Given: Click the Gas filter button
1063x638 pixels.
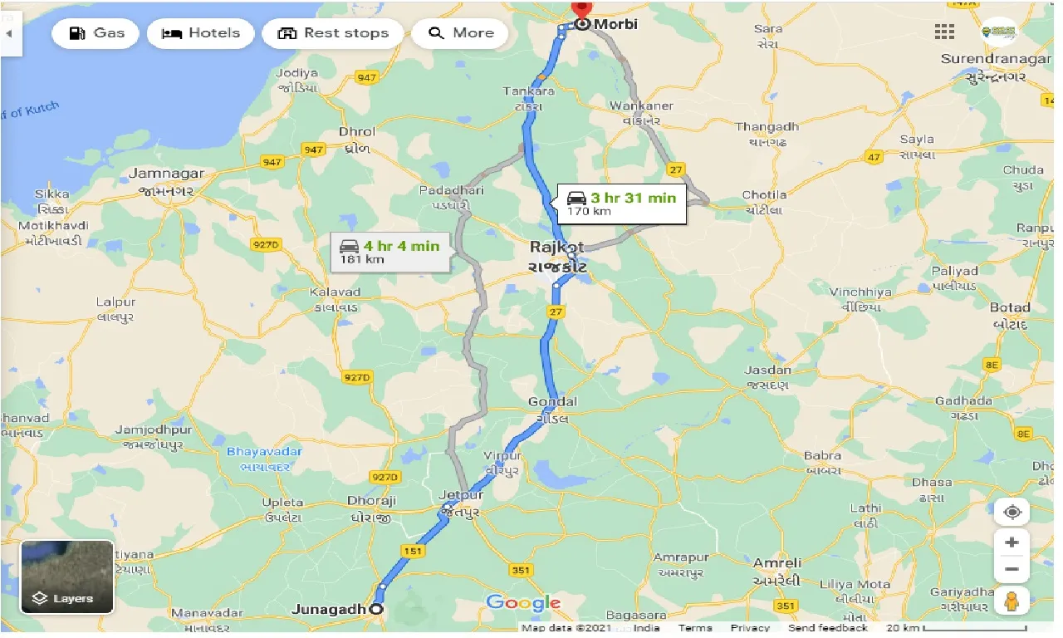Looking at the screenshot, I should pyautogui.click(x=96, y=33).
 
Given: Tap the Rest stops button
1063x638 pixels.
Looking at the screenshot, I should pyautogui.click(x=333, y=33).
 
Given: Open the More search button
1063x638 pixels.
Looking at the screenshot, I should pyautogui.click(x=460, y=33).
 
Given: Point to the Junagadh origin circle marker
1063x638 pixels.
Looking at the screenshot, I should pyautogui.click(x=375, y=609).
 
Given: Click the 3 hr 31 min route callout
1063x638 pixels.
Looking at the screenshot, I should pyautogui.click(x=622, y=204).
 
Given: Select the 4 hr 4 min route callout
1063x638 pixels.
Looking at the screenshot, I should pyautogui.click(x=390, y=252).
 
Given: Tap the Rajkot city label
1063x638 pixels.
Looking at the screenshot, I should pyautogui.click(x=557, y=248).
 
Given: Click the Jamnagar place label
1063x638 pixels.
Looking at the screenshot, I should pyautogui.click(x=167, y=174).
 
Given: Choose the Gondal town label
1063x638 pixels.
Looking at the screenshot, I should pyautogui.click(x=552, y=402).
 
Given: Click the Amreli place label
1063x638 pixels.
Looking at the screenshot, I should pyautogui.click(x=777, y=563).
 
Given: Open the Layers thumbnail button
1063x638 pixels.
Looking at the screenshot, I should pyautogui.click(x=66, y=577).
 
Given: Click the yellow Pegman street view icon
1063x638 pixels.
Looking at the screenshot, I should pyautogui.click(x=1012, y=600).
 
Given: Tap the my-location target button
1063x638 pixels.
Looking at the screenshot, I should pyautogui.click(x=1012, y=512).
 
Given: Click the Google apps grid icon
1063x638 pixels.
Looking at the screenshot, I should pyautogui.click(x=944, y=32).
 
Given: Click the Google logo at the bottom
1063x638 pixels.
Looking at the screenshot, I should pyautogui.click(x=523, y=602).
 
